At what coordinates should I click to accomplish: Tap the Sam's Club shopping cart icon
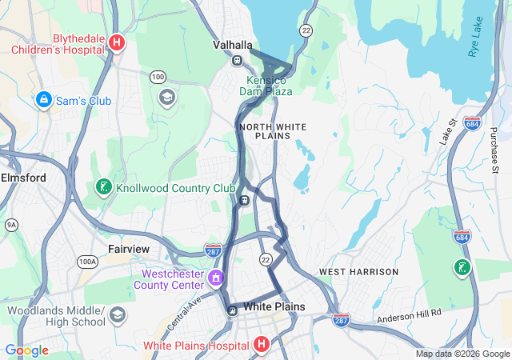click(x=44, y=101)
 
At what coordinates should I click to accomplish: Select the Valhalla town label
click(x=233, y=45)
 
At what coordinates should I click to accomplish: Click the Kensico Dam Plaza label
click(x=266, y=86)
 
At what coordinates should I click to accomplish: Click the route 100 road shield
click(x=158, y=76)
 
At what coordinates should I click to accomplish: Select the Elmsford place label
click(x=24, y=178)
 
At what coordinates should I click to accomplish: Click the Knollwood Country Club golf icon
click(x=103, y=188)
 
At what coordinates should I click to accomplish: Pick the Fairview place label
click(x=129, y=249)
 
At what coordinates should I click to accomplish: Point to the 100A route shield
click(x=87, y=262)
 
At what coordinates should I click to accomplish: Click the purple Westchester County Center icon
click(x=215, y=278)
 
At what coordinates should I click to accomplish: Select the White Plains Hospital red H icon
click(x=261, y=345)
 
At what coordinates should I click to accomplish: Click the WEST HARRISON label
click(x=358, y=272)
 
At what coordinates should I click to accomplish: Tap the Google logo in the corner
click(x=26, y=350)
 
